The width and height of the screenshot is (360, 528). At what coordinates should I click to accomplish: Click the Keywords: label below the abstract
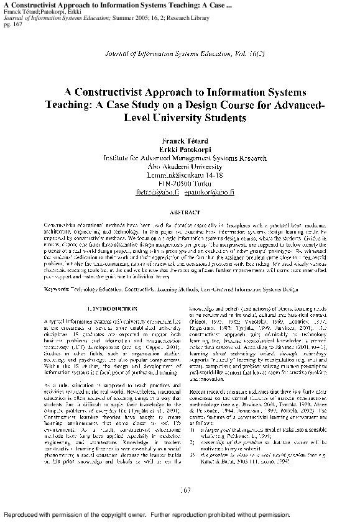click(x=60, y=289)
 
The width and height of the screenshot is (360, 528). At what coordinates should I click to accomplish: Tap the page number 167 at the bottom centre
click(x=183, y=490)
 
